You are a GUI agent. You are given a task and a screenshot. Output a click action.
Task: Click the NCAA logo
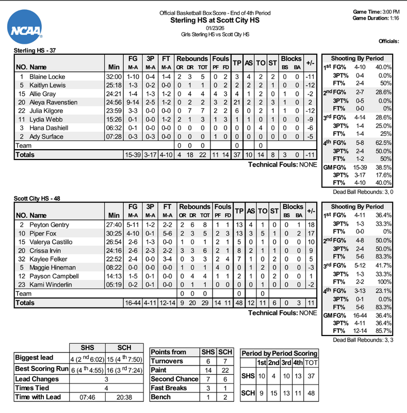click(25, 29)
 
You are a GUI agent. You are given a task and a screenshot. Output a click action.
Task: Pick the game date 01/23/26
click(215, 28)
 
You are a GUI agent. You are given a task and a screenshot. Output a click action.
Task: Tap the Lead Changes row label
click(37, 379)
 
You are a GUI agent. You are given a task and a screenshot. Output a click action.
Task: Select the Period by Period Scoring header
click(280, 353)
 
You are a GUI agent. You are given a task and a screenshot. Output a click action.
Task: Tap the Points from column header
click(169, 352)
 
